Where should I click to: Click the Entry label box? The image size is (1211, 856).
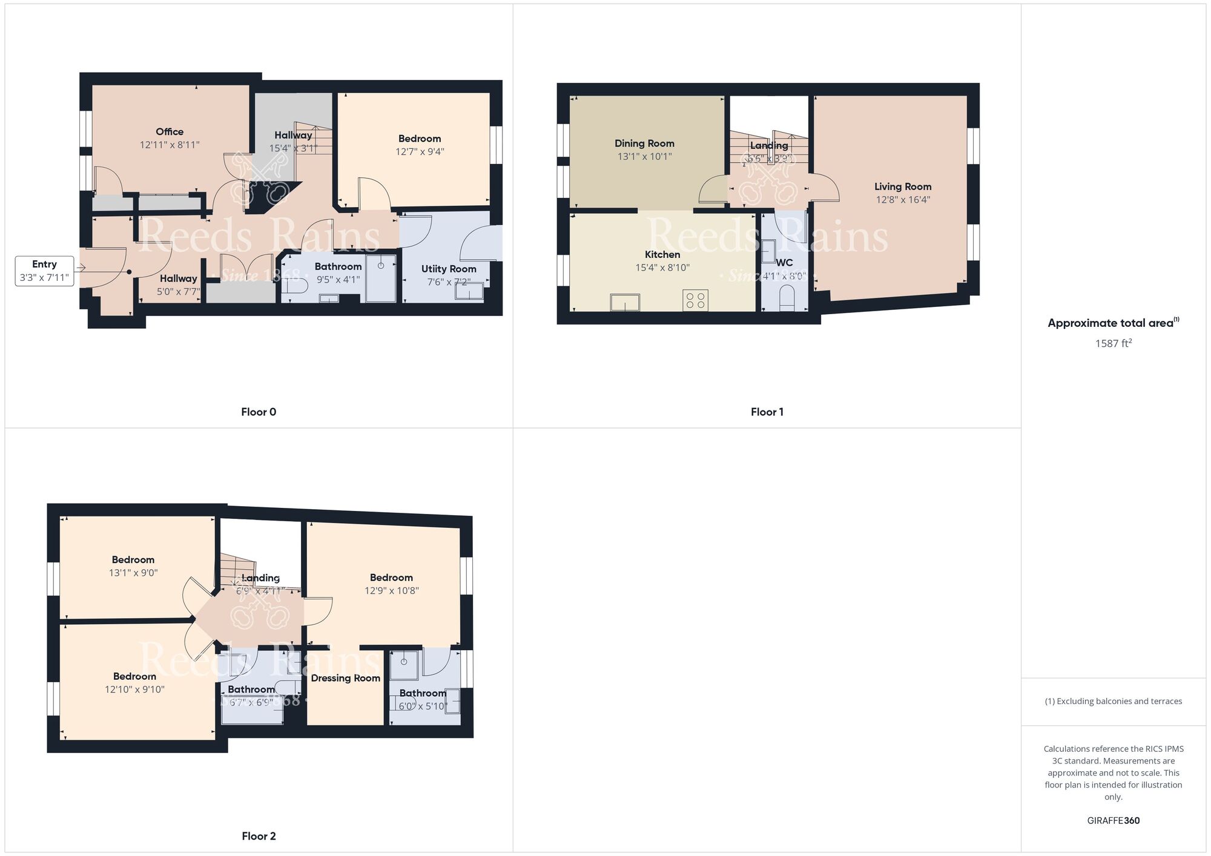[x=44, y=271]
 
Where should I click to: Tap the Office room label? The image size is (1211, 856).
[x=170, y=132]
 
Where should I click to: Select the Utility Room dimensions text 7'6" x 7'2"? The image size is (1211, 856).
[x=449, y=281]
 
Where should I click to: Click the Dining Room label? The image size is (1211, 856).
[x=644, y=143]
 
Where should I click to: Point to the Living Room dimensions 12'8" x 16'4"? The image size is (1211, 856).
[x=903, y=200]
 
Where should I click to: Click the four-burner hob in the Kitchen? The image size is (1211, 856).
[x=695, y=301]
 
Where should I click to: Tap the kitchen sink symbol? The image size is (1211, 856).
[x=625, y=302]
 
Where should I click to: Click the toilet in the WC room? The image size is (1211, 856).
[x=787, y=298]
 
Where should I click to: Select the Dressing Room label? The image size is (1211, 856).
[x=345, y=678]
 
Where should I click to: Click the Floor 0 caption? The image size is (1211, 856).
[x=259, y=412]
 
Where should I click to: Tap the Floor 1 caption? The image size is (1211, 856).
[x=767, y=412]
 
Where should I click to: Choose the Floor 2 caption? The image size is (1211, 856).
[x=259, y=837]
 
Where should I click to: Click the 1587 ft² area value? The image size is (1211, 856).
[x=1113, y=343]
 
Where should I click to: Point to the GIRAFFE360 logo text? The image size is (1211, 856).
[x=1113, y=821]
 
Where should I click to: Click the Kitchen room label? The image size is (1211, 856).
[x=662, y=255]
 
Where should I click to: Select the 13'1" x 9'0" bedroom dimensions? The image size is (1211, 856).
[x=133, y=573]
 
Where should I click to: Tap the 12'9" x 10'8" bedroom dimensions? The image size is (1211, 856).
[x=391, y=591]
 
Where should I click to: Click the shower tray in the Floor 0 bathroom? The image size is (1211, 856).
[x=381, y=278]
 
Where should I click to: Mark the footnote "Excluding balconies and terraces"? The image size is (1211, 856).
[x=1113, y=702]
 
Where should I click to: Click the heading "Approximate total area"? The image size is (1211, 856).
[x=1111, y=323]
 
